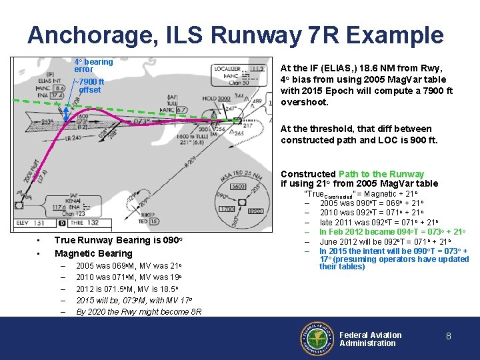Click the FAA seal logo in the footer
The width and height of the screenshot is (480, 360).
pos(318,339)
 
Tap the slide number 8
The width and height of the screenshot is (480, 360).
pos(449,337)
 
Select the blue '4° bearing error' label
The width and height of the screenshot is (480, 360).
pos(93,65)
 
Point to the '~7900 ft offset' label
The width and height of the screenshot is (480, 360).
pos(91,86)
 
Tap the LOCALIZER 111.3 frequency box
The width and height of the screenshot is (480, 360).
pos(239,73)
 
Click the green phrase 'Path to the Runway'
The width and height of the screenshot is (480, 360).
pos(381,174)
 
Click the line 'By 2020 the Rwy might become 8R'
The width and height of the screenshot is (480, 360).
pos(139,311)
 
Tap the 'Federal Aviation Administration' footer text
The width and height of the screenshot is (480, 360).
pos(371,339)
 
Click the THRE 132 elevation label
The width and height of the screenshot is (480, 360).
pos(84,223)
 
